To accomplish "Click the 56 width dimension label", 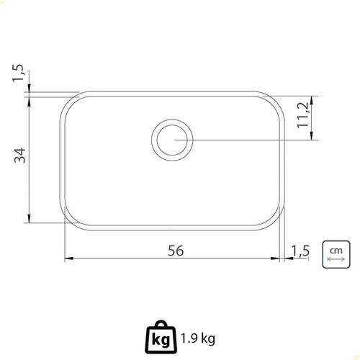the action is tap(176, 251).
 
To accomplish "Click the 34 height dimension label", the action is tap(19, 156).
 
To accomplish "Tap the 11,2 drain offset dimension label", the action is tap(302, 115).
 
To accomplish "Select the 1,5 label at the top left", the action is tap(18, 73).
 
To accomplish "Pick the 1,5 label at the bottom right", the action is tap(300, 251).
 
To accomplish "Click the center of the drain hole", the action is tap(172, 140).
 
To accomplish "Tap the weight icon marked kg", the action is tap(161, 337).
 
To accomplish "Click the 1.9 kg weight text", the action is tap(198, 339).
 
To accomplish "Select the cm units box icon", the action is tap(336, 254).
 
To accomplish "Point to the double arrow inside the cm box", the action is tap(336, 259).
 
